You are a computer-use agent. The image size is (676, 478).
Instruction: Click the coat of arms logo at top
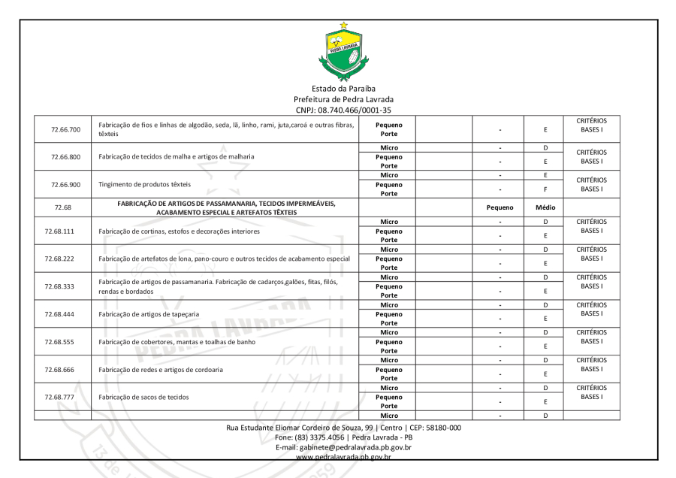[x=345, y=51]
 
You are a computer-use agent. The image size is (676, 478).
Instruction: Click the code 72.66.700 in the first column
[x=66, y=129]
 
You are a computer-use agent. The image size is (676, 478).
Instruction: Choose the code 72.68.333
[x=66, y=286]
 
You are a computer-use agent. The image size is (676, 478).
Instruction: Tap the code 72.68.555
[x=66, y=341]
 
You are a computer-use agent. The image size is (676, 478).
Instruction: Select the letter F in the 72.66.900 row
[x=545, y=189]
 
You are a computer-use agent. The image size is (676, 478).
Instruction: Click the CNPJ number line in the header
[x=343, y=109]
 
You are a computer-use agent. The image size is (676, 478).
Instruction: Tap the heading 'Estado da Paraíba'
[x=343, y=89]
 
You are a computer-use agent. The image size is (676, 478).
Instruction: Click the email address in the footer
[x=343, y=446]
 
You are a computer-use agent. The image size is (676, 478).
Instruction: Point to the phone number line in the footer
[x=343, y=437]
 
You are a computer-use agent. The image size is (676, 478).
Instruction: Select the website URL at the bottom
[x=343, y=455]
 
